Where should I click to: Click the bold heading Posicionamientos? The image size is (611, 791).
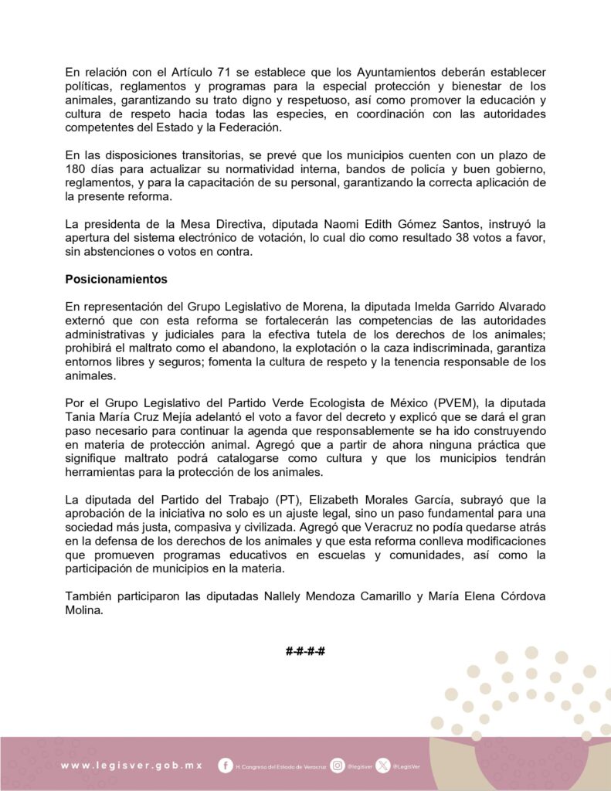(x=116, y=278)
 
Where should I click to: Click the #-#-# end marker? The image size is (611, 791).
(x=305, y=651)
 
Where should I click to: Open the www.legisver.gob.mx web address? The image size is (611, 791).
(x=131, y=766)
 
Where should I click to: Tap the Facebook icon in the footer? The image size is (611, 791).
(x=226, y=766)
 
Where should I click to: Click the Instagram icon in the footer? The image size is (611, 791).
(x=338, y=766)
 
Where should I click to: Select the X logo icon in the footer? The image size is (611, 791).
(x=384, y=766)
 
